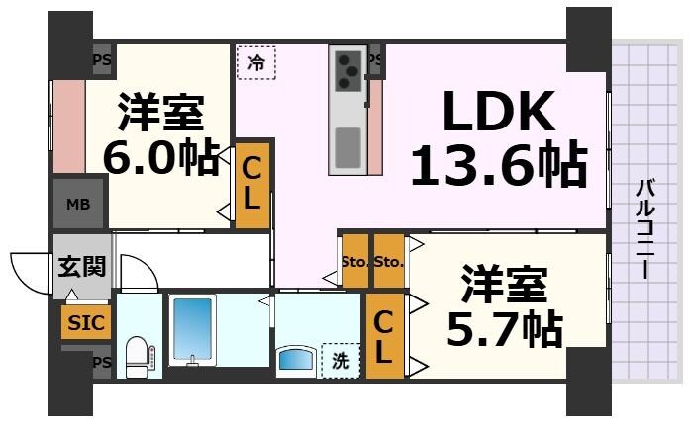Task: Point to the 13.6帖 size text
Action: coord(497,166)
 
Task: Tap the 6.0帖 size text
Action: coord(161,158)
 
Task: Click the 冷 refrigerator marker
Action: coord(256,63)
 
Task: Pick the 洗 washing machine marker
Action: coord(340,361)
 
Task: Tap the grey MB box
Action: coord(77,205)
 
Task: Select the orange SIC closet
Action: coord(84,322)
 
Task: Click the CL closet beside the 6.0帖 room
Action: coord(251,185)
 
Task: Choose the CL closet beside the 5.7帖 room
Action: coord(385,335)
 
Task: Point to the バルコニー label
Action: coord(644,228)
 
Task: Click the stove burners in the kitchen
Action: coord(348,68)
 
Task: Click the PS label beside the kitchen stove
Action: coord(374,60)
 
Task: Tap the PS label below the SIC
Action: coord(101,363)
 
